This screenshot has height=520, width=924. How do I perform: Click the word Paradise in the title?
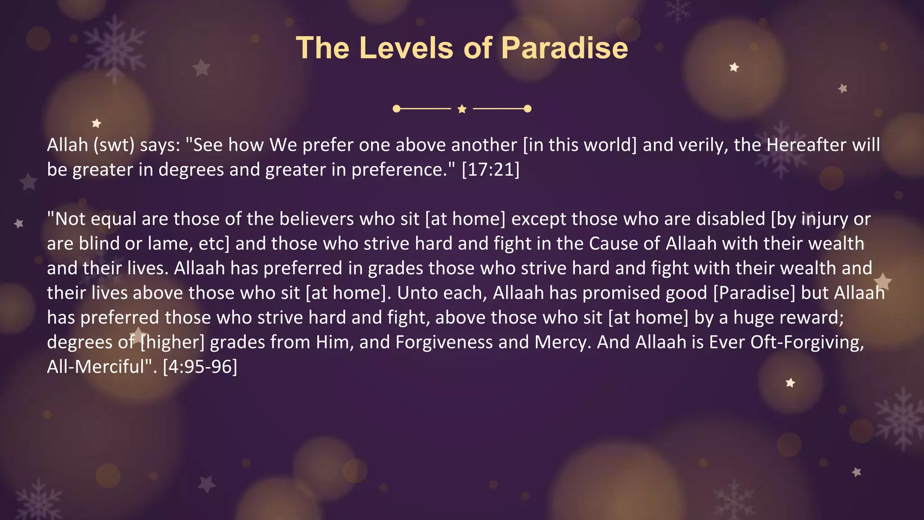(x=564, y=48)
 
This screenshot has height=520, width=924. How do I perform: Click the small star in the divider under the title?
(x=462, y=109)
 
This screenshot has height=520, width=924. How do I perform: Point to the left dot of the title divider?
(x=397, y=109)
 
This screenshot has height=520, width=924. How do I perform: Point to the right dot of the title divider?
(x=527, y=109)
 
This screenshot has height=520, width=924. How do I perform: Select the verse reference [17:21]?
(x=490, y=170)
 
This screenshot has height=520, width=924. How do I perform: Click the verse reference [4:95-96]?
(x=200, y=367)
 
